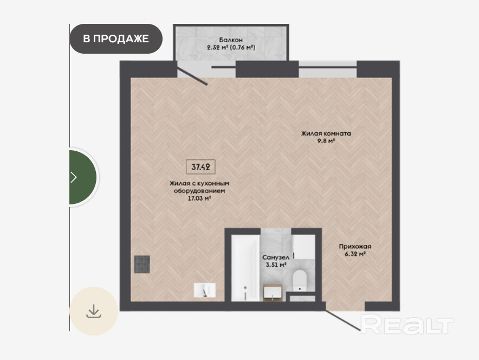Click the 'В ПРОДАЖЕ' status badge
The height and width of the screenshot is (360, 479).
point(116,39)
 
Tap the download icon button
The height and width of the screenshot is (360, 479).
point(94,311)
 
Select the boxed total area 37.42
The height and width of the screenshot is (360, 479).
point(200,167)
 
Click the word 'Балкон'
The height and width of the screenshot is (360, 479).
point(231,40)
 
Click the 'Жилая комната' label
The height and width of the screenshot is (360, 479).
point(326,133)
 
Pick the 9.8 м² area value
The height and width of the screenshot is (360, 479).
point(326,141)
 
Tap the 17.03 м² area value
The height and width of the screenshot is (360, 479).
point(200,198)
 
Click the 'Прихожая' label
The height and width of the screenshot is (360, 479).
point(355,246)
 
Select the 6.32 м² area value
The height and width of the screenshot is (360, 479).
point(355,254)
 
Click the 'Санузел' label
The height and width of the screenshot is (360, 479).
point(276,258)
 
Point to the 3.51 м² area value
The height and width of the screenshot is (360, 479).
point(276,265)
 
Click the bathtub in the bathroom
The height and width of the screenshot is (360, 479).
point(245,268)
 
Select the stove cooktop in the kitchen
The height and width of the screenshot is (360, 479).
point(142,264)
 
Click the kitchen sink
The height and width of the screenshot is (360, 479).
point(205,290)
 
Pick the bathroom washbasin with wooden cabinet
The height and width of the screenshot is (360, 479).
point(273,292)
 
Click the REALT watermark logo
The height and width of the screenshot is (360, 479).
point(407,324)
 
